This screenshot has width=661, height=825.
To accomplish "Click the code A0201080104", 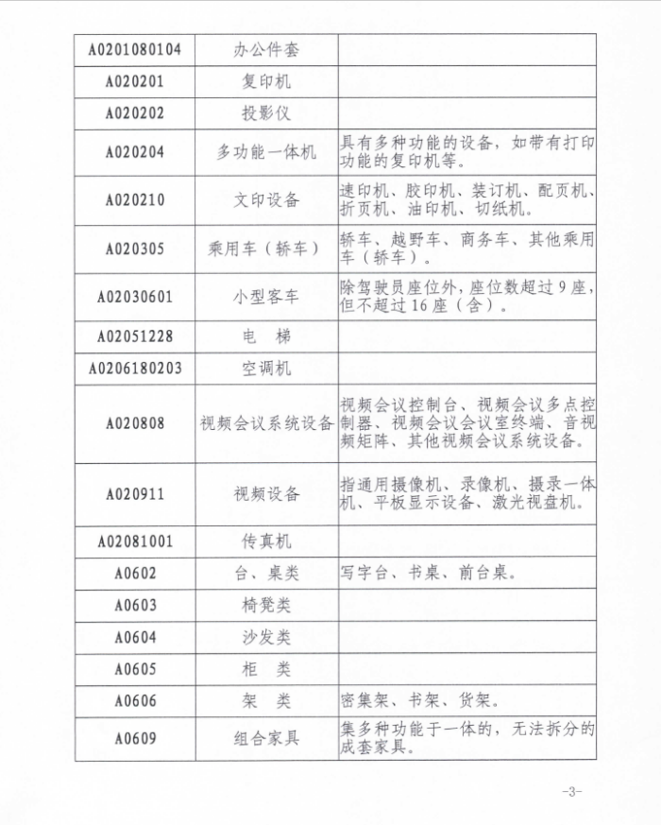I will (x=135, y=49).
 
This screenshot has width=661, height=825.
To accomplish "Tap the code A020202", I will (x=135, y=113).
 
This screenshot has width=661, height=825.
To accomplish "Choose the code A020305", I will (x=135, y=249).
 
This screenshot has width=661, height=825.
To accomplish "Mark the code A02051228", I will (x=135, y=335).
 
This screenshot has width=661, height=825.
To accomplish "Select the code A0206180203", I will (x=135, y=368).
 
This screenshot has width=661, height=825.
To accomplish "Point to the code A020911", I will (x=135, y=493).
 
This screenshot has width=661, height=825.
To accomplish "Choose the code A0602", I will (x=135, y=573).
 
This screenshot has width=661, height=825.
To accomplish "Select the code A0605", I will (x=135, y=669).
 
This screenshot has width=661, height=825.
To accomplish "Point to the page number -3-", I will (x=571, y=791).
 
